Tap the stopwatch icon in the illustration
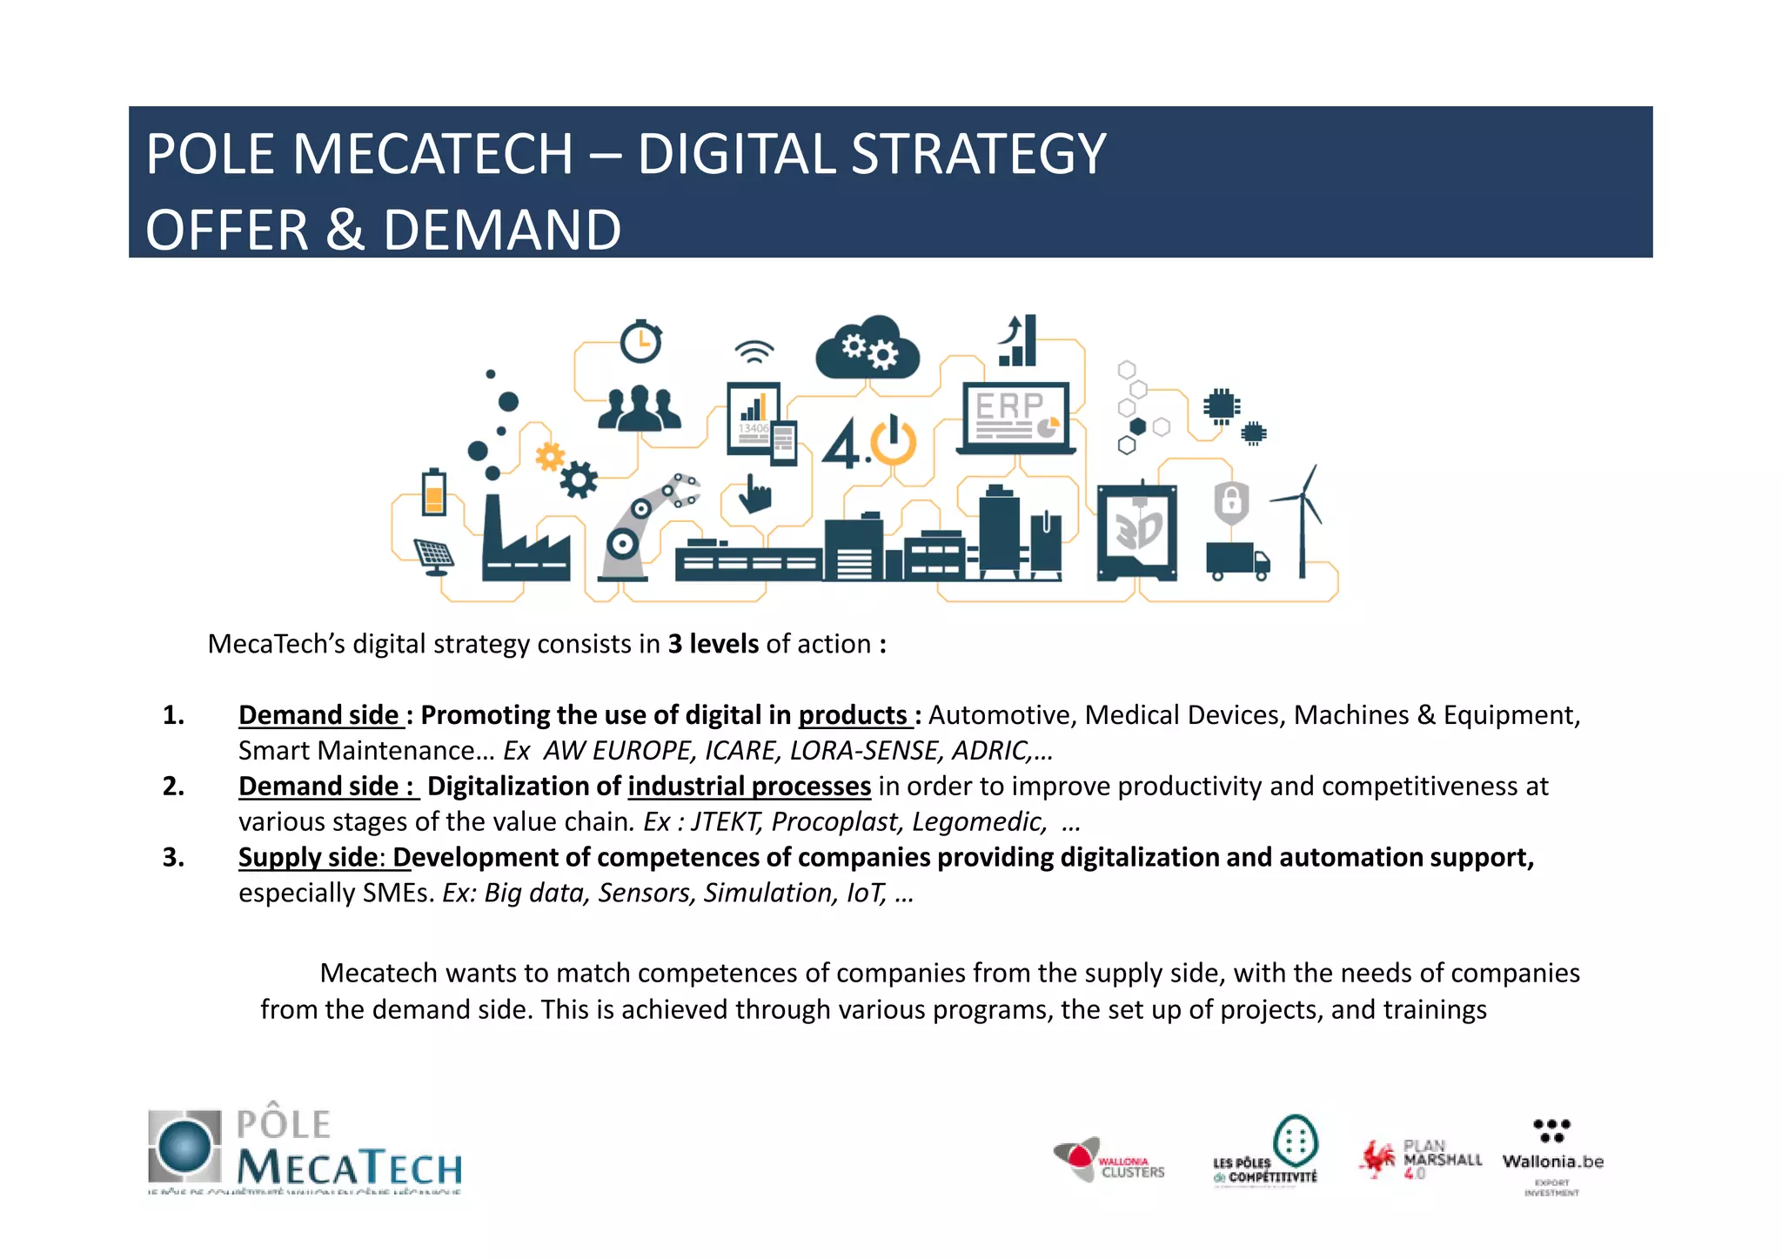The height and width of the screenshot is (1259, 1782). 641,342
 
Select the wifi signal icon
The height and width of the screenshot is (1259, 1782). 754,352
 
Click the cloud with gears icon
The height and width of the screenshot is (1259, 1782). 868,349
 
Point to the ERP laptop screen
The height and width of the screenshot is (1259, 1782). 1015,414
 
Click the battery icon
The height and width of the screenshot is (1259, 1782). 433,492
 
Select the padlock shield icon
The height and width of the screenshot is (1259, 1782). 1231,502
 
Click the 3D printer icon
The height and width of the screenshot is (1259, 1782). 1137,530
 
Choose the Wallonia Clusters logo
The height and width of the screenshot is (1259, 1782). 1109,1161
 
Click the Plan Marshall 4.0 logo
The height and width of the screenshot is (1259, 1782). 1420,1159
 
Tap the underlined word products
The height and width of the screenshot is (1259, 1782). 853,715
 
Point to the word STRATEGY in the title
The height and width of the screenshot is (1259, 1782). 977,155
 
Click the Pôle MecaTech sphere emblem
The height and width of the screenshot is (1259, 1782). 184,1145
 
